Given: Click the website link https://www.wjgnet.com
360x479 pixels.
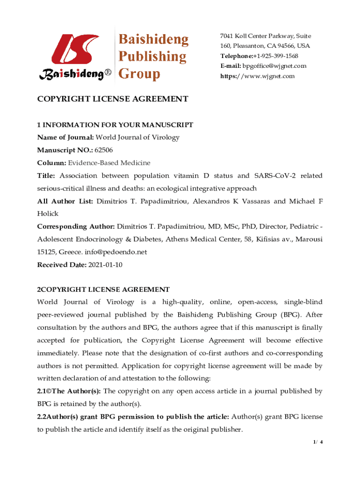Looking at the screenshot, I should [258, 76].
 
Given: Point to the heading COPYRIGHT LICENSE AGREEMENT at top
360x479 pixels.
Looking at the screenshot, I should [113, 99].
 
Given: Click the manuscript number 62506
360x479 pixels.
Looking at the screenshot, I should [103, 150].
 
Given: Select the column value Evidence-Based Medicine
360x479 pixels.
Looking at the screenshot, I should [109, 163].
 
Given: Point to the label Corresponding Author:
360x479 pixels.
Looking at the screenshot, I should [76, 226].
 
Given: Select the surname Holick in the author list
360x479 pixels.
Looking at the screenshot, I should [48, 213].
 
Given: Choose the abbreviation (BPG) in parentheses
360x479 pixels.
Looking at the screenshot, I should [293, 315].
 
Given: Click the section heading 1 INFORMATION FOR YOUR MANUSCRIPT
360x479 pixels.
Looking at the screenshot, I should [115, 125].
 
